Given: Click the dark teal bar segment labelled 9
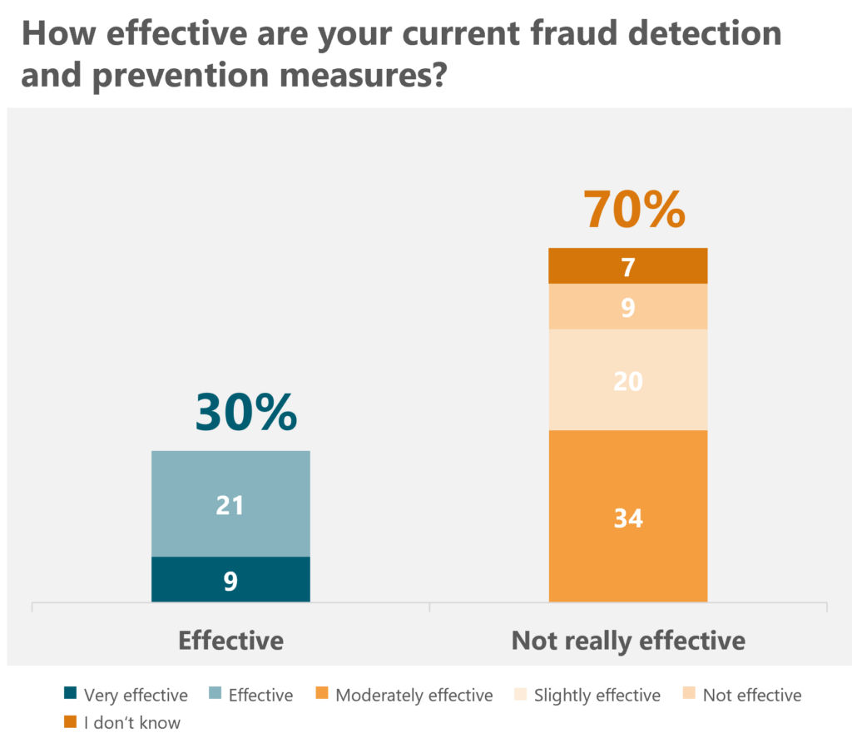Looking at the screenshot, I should point(230,579).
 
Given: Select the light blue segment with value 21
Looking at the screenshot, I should point(230,503).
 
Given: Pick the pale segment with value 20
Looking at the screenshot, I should point(628,379).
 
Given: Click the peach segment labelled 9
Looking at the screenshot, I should point(628,307).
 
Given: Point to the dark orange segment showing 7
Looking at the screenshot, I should point(628,266).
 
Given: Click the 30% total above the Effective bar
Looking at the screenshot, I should point(245,413).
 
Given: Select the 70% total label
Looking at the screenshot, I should point(634,210).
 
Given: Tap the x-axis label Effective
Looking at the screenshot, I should point(230,641).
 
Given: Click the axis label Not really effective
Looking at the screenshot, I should point(628,641).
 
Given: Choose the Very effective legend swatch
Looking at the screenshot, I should point(70,695).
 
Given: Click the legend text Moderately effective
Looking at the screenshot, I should point(414,695).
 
